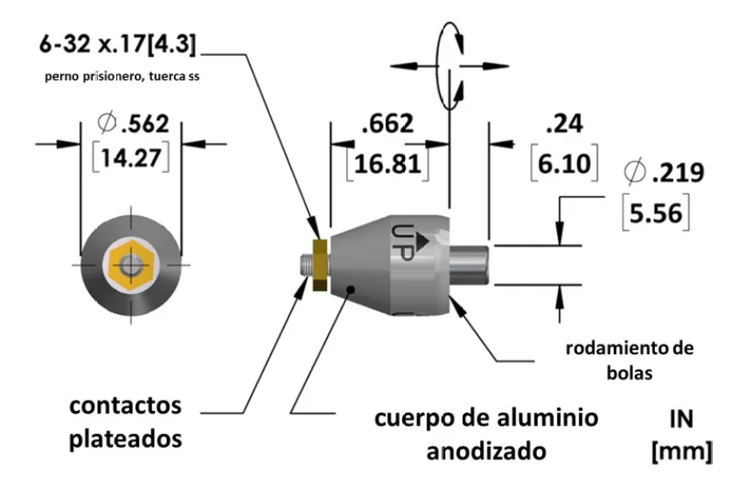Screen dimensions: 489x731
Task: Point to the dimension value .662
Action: (x=387, y=126)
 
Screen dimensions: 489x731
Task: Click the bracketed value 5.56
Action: (x=665, y=212)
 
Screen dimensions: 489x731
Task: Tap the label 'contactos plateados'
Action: (x=128, y=423)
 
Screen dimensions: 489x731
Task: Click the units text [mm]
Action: (x=681, y=452)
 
